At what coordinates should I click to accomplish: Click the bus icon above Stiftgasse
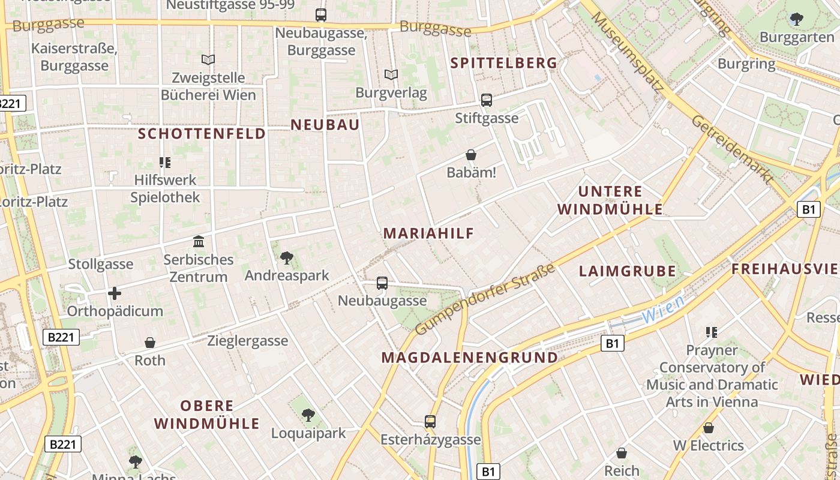click(x=486, y=100)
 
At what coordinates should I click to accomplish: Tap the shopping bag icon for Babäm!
click(x=471, y=155)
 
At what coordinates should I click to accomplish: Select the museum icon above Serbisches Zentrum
click(x=199, y=241)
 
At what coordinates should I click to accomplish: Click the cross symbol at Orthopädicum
click(x=114, y=293)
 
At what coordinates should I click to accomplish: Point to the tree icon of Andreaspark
click(x=287, y=258)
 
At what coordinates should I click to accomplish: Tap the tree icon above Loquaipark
click(x=308, y=415)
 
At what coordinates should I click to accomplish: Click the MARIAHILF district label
click(x=428, y=233)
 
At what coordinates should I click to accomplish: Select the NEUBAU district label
click(x=325, y=125)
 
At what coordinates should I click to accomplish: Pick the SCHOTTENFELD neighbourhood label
click(x=202, y=134)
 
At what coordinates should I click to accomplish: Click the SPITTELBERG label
click(x=504, y=63)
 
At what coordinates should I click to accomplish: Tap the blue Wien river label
click(x=662, y=309)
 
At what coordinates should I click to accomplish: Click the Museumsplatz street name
click(x=627, y=53)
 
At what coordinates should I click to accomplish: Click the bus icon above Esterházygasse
click(x=430, y=421)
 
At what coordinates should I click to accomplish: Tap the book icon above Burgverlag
click(x=391, y=75)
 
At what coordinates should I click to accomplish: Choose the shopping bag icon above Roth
click(x=150, y=343)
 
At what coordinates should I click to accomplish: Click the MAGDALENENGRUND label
click(x=469, y=358)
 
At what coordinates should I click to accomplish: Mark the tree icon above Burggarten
click(x=796, y=19)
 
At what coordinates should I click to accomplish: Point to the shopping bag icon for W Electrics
click(x=708, y=428)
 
